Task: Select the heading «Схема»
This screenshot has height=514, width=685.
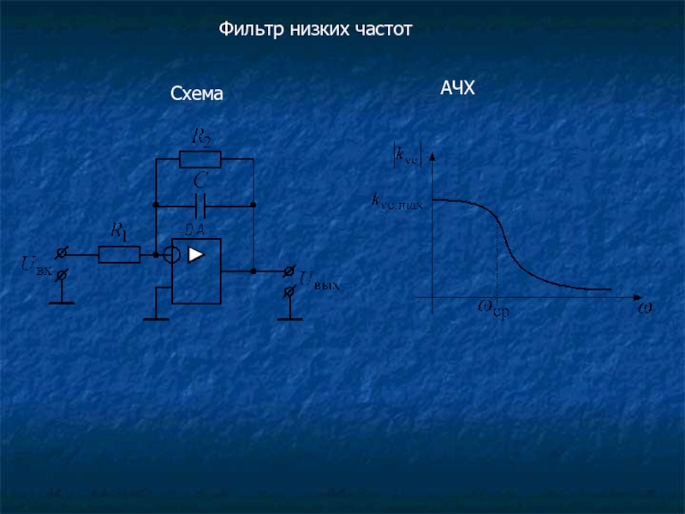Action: (196, 95)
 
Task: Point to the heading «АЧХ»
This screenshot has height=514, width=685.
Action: (457, 88)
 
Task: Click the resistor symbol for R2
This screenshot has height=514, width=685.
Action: (200, 158)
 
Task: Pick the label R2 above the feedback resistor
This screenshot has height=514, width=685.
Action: (202, 136)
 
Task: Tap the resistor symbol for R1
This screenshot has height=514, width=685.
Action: (119, 254)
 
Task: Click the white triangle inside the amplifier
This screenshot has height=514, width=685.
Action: (197, 254)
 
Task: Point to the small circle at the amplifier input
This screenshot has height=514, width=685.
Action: (171, 254)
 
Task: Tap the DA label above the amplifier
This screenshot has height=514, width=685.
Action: (194, 228)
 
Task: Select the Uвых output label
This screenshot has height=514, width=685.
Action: (319, 281)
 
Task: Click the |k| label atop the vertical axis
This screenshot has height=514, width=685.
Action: (407, 156)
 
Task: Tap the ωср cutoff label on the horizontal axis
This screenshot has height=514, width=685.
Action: (493, 308)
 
